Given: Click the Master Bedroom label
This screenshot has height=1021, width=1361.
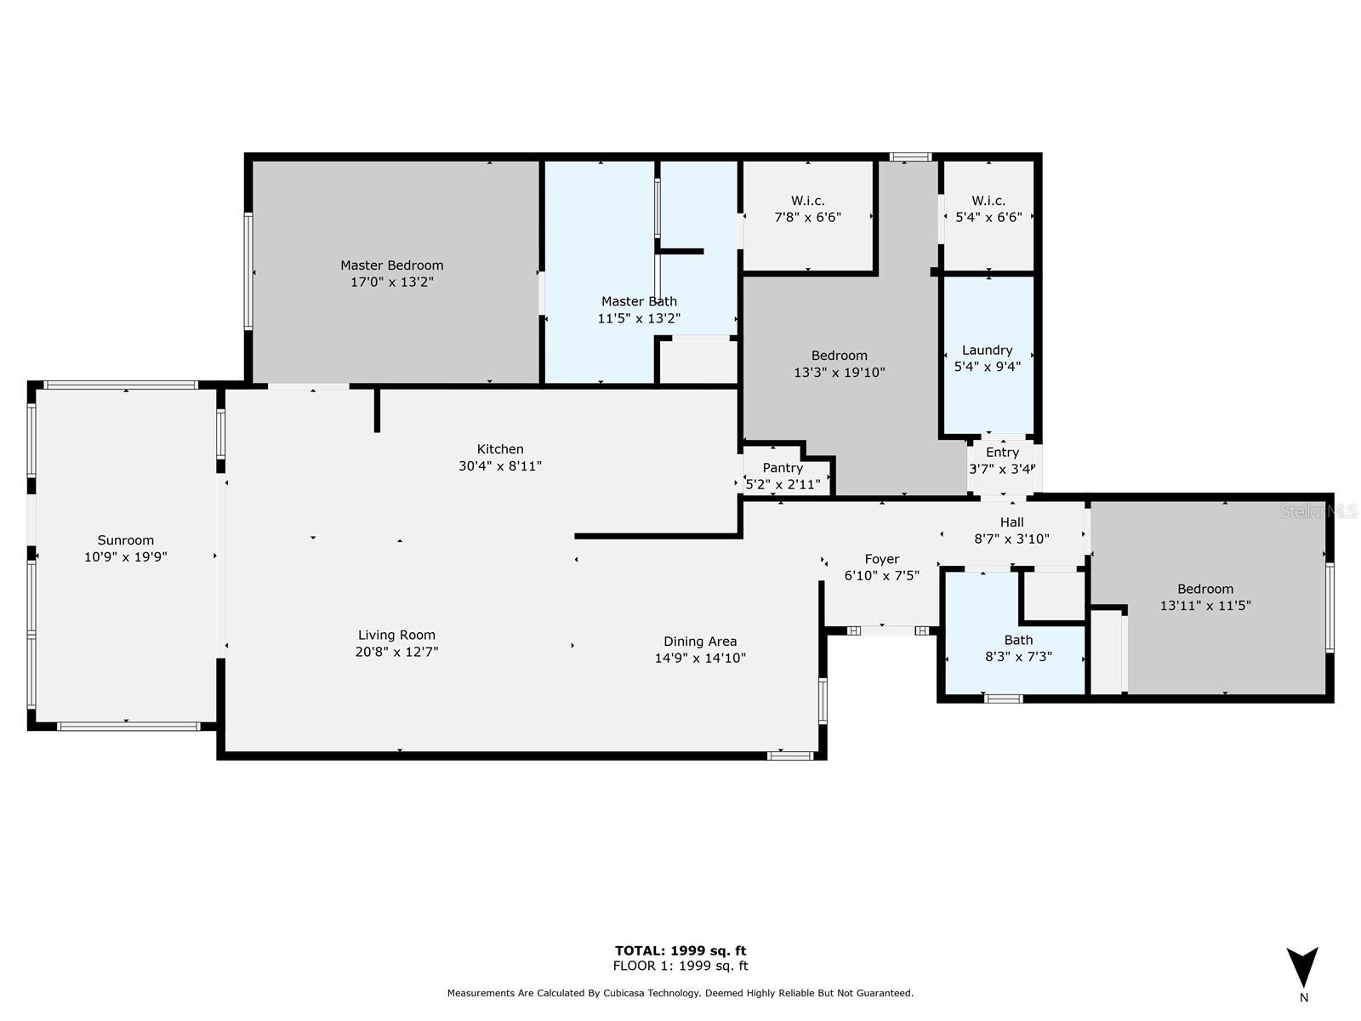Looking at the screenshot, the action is point(391,265).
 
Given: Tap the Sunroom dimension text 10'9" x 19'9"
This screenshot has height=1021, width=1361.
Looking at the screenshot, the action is point(126,556).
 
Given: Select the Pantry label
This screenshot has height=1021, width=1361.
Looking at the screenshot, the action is point(783,468).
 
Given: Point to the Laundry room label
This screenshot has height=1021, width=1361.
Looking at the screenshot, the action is point(987,351).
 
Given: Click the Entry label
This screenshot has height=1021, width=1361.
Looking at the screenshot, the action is point(1002,453).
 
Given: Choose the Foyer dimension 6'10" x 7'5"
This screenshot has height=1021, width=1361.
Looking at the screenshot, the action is point(882,575).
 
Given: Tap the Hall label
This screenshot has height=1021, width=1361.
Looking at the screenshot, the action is point(1011,522).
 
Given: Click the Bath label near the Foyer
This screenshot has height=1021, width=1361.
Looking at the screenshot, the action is point(1018,640).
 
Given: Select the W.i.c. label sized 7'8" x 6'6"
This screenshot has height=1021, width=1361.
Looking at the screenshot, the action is point(807,201).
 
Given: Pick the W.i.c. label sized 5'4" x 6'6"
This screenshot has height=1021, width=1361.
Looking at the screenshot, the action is point(988,201).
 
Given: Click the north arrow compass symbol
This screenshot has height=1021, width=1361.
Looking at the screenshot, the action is point(1302,967).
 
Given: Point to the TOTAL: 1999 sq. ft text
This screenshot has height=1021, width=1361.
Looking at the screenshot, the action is point(680,951).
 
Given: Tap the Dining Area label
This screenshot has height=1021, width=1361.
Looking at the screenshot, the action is point(700,642).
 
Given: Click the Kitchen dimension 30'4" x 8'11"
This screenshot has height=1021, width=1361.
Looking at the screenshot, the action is point(500,466).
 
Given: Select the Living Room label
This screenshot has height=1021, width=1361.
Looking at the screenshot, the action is point(396,636).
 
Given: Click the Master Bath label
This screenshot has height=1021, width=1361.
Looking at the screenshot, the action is point(639,301).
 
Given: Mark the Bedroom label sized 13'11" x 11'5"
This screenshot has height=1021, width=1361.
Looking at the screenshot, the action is point(1204,589).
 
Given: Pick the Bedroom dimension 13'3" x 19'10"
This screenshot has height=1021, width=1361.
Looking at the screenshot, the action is point(839,373).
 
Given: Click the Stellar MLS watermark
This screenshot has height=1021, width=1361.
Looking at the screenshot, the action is point(1318,511).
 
